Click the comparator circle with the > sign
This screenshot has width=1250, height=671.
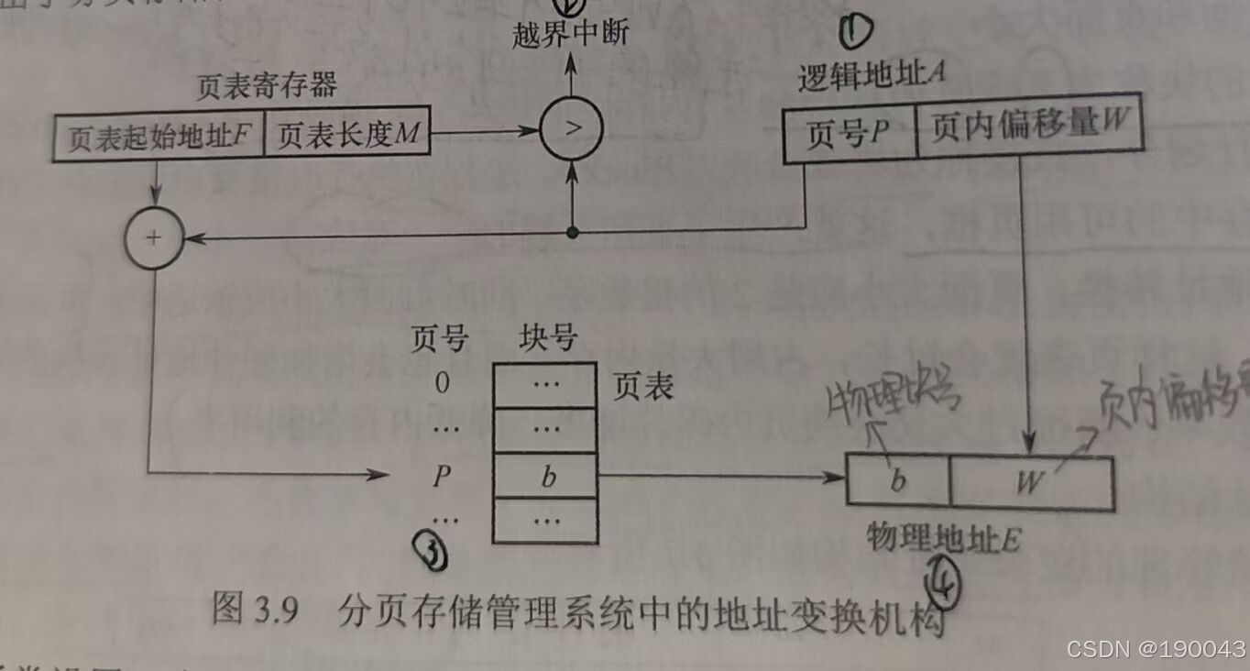pyautogui.click(x=572, y=127)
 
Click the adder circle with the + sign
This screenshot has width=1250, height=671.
pyautogui.click(x=153, y=238)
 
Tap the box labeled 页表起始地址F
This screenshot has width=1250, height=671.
pyautogui.click(x=158, y=137)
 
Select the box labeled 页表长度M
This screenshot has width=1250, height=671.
pyautogui.click(x=347, y=136)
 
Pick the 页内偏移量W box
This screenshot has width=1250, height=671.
pyautogui.click(x=1028, y=127)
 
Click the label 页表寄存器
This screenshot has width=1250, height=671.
pyautogui.click(x=267, y=86)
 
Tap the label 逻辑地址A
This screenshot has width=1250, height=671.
pyautogui.click(x=871, y=78)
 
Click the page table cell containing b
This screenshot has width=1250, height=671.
pyautogui.click(x=546, y=476)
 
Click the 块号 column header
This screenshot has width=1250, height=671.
pyautogui.click(x=547, y=339)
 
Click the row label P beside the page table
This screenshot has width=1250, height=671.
pyautogui.click(x=443, y=476)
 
